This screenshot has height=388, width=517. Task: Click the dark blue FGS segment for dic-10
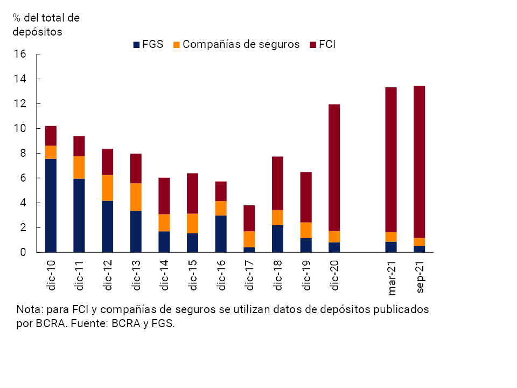[x=51, y=205]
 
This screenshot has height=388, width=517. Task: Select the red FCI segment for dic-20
[x=334, y=168]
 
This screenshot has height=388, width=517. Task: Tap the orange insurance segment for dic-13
[x=136, y=197]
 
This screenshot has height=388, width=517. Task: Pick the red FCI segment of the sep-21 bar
[x=419, y=162]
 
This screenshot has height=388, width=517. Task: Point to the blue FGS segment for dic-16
[x=221, y=234]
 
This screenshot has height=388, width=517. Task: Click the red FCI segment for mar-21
[x=391, y=160]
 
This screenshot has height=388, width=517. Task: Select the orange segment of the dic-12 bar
[x=107, y=188]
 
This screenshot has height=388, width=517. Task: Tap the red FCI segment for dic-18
[x=277, y=183]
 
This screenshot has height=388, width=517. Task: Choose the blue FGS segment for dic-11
[x=79, y=216]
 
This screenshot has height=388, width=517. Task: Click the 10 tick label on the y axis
[x=20, y=129]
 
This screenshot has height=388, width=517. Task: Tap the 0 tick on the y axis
[x=24, y=253]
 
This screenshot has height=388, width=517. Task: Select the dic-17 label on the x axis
[x=249, y=276]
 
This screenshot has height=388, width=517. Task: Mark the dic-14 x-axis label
[x=164, y=276]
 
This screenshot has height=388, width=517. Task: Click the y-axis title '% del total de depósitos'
[x=46, y=25]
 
